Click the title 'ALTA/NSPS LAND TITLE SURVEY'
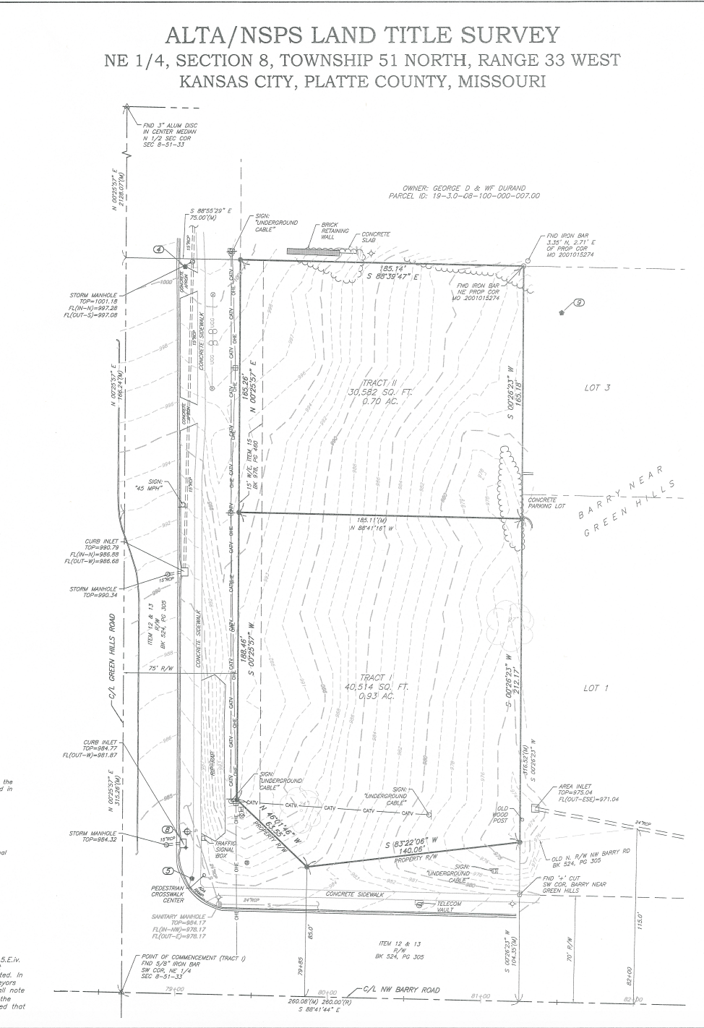[x=362, y=35]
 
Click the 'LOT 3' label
[x=597, y=388]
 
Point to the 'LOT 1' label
[x=596, y=688]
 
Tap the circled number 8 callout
[x=168, y=830]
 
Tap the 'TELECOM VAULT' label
[x=449, y=907]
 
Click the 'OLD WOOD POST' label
[x=500, y=815]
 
